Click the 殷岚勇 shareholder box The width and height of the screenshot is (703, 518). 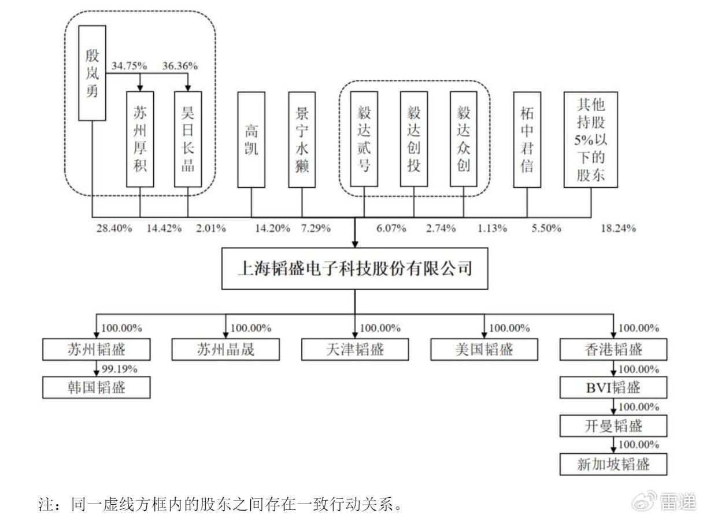pos(92,73)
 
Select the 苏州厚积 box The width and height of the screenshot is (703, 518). pos(140,139)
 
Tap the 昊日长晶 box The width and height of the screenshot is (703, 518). pos(188,139)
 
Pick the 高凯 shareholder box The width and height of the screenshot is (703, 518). pos(251,140)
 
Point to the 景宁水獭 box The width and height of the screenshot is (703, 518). pos(302,140)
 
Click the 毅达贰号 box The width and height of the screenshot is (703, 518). pos(364,139)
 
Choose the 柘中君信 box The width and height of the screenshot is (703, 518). pos(527,140)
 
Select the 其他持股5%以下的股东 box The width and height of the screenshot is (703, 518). pos(591,140)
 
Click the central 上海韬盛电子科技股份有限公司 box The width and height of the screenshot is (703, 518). pos(354,269)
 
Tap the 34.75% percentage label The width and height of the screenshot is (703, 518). pos(129,66)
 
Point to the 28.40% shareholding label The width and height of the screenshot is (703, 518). pos(114,228)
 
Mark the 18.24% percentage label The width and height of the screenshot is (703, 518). pos(618,228)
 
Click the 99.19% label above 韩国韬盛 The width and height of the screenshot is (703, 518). pos(120,369)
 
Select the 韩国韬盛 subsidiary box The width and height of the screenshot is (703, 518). pos(97,387)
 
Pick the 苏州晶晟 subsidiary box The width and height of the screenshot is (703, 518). pos(225,349)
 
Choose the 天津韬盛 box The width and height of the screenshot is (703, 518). pos(355,349)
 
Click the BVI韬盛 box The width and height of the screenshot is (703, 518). pos(613,387)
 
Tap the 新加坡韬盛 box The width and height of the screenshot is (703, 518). pos(613,464)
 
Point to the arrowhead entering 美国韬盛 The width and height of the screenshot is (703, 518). pos(484,335)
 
